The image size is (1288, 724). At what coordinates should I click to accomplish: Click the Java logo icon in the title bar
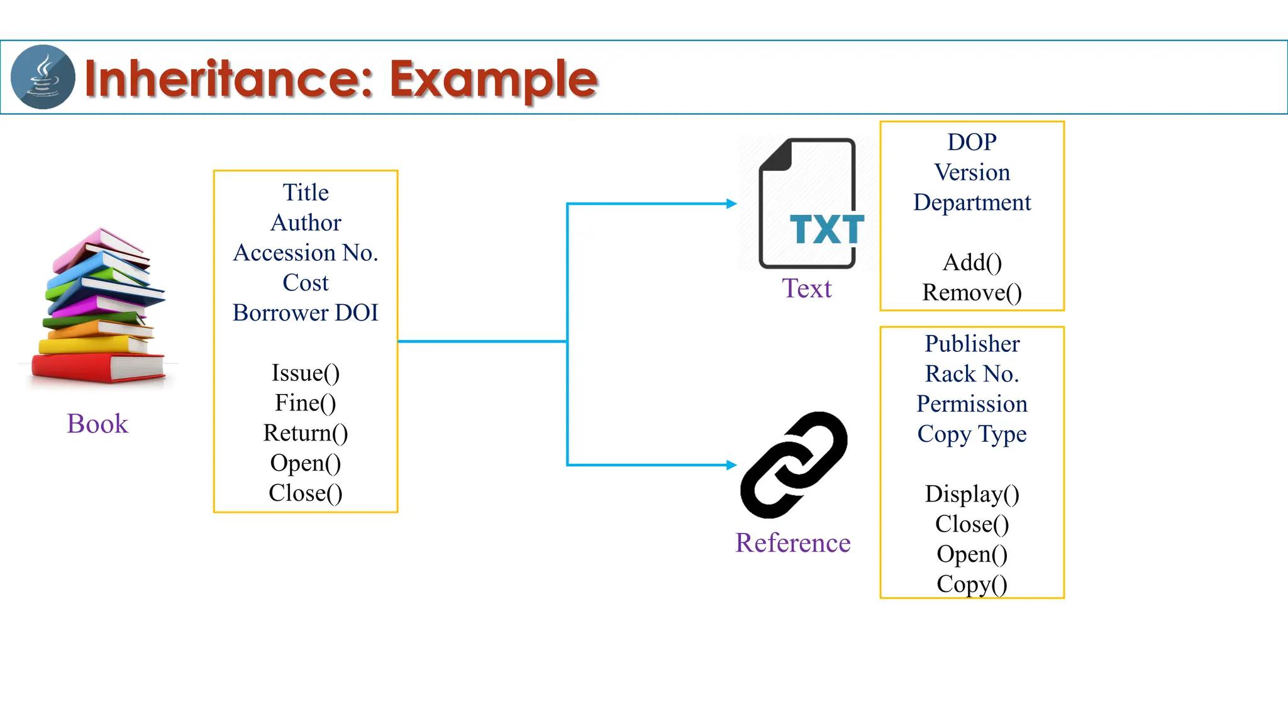pyautogui.click(x=43, y=77)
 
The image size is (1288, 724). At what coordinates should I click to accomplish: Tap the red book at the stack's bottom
pyautogui.click(x=97, y=368)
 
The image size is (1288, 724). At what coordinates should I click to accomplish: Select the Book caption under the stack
pyautogui.click(x=97, y=424)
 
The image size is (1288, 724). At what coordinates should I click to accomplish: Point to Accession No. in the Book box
pyautogui.click(x=306, y=253)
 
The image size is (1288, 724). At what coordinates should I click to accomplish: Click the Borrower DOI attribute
pyautogui.click(x=306, y=313)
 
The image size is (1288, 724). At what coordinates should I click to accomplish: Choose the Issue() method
pyautogui.click(x=306, y=373)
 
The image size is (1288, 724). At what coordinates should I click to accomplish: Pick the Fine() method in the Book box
pyautogui.click(x=306, y=403)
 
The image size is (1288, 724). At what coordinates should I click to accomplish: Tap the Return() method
pyautogui.click(x=306, y=433)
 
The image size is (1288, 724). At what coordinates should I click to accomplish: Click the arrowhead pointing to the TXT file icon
pyautogui.click(x=731, y=204)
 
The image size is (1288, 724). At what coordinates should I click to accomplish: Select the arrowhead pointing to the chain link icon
pyautogui.click(x=731, y=465)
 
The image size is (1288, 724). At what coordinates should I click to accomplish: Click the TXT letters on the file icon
pyautogui.click(x=826, y=230)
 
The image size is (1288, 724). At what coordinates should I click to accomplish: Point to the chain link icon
pyautogui.click(x=794, y=465)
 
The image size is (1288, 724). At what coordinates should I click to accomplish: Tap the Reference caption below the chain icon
pyautogui.click(x=792, y=543)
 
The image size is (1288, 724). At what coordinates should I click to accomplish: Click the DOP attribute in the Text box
pyautogui.click(x=972, y=142)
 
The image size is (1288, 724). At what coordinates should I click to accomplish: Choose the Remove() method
pyautogui.click(x=972, y=293)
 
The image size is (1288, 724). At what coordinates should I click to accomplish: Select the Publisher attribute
pyautogui.click(x=972, y=344)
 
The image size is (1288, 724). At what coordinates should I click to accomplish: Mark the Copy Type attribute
pyautogui.click(x=972, y=434)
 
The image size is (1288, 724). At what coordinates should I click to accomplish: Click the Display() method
pyautogui.click(x=972, y=494)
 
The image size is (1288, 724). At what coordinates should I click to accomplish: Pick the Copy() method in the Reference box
pyautogui.click(x=972, y=584)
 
